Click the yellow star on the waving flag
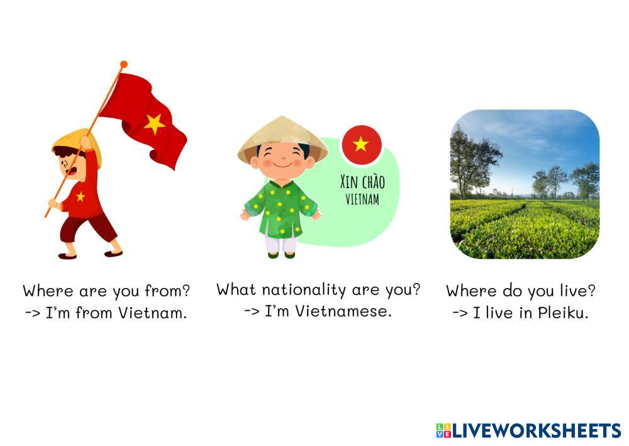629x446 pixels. (x=155, y=123)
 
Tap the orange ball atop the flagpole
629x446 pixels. (x=124, y=64)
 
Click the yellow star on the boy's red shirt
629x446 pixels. (x=81, y=196)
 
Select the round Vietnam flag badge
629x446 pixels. (x=362, y=145)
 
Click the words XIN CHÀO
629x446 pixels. (x=363, y=182)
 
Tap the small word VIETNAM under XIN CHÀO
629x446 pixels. (x=362, y=199)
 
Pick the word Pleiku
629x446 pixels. (x=563, y=313)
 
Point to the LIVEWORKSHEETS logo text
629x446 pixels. (x=537, y=431)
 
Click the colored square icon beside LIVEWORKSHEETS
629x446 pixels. (x=443, y=431)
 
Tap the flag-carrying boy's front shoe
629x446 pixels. (x=113, y=253)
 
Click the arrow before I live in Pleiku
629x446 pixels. (x=460, y=313)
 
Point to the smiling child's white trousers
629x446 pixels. (x=281, y=243)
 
